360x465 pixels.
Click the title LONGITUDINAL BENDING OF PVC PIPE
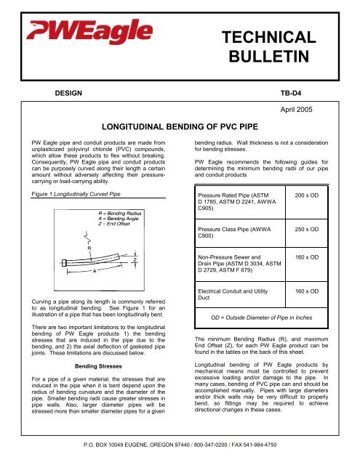coord(180,124)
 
